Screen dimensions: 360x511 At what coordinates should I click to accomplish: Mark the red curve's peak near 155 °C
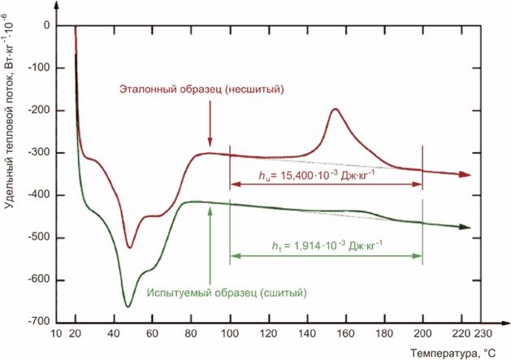tap(335, 109)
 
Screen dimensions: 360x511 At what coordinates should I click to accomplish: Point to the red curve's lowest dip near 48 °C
tap(128, 246)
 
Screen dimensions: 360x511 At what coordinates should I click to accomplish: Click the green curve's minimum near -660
tap(128, 306)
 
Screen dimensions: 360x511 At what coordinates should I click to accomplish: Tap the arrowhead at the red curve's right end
tap(466, 175)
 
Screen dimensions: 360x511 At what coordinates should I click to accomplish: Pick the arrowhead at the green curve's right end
tap(466, 228)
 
